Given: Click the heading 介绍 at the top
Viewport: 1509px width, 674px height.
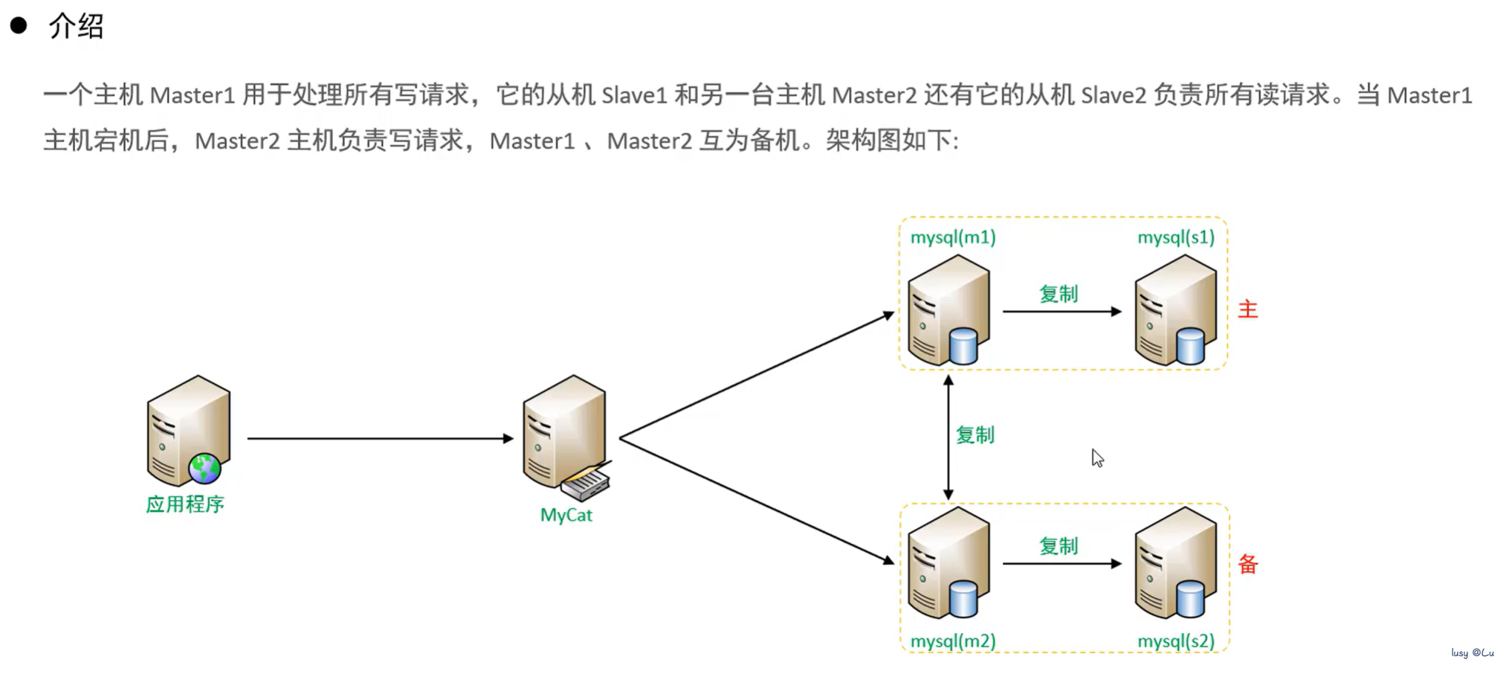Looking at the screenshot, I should pos(76,27).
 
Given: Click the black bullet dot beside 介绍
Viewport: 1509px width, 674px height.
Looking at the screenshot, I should pos(19,26).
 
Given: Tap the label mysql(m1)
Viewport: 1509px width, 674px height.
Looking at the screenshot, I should pos(952,237).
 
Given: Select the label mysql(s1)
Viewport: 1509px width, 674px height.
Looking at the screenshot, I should pos(1175,237).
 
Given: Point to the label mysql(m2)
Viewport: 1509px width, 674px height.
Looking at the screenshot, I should pos(952,641).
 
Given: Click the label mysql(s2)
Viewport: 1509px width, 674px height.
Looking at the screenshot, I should pos(1175,641).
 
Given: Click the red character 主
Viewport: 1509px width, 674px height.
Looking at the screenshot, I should pos(1247,309).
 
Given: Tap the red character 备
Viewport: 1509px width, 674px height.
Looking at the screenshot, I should pos(1247,564).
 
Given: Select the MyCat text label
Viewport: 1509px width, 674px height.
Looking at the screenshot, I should pos(566,515).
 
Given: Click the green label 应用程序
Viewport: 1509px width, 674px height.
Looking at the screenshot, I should pos(185,504).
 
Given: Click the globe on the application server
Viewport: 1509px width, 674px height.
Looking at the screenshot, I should pos(204,469).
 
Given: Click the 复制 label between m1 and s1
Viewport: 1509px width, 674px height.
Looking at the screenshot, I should pos(1058,294).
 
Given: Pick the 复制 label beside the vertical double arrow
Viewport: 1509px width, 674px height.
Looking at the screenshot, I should pos(975,435).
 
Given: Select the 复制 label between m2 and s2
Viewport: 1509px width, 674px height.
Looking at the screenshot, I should pos(1058,546).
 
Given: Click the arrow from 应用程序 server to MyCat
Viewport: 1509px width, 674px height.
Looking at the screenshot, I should pos(379,438).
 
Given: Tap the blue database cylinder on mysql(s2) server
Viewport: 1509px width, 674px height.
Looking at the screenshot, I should pos(1190,599).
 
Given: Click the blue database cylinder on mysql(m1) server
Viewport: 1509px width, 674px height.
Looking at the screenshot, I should pos(963,346).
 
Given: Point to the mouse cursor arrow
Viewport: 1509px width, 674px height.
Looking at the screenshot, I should pos(1096,457).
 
